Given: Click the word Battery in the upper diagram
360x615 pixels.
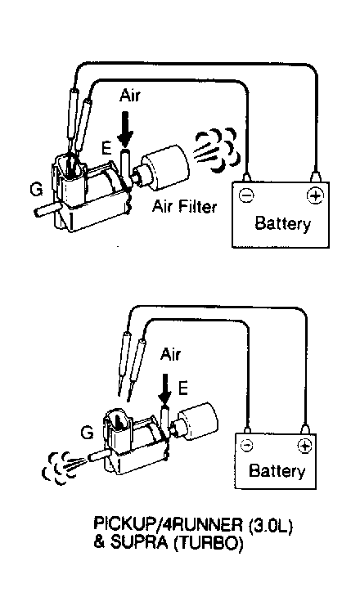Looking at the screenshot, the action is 282,224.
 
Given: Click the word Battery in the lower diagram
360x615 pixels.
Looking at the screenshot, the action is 277,470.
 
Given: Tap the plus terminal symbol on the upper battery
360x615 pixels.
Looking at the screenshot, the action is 315,195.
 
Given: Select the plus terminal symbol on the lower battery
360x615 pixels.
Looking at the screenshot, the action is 304,446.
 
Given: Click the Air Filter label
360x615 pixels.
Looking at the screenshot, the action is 184,206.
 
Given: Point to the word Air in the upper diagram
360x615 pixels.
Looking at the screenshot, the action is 129,96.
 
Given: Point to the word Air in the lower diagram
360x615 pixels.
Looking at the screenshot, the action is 170,355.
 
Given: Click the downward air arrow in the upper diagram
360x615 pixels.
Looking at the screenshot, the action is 126,129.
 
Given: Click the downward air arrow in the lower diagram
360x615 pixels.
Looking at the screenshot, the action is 165,389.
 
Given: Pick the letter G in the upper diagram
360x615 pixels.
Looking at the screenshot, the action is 37,191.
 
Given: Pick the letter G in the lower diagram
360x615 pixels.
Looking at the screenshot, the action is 87,433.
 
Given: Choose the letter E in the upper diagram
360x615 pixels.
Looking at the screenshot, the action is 106,149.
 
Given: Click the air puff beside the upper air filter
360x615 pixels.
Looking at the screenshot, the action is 216,150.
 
